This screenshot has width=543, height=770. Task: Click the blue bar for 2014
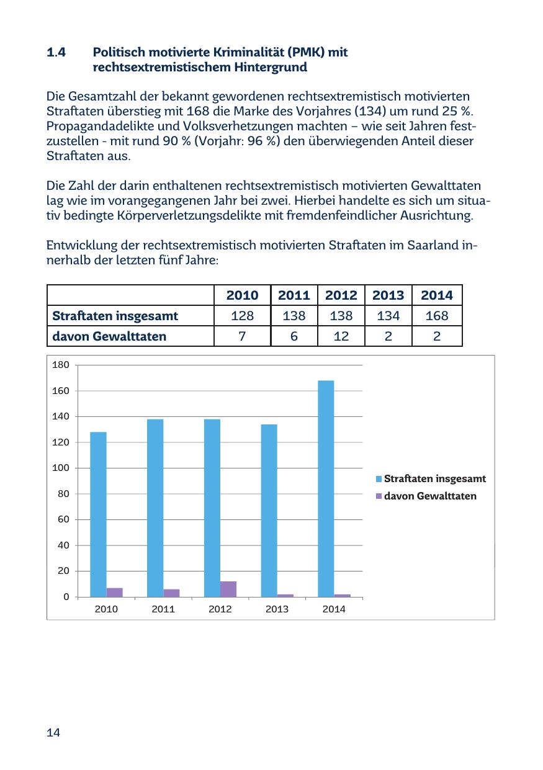(326, 488)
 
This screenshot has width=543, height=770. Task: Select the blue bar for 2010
(98, 514)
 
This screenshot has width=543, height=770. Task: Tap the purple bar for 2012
(228, 589)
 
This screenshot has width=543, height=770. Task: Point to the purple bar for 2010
(114, 592)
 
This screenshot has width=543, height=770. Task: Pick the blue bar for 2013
(269, 511)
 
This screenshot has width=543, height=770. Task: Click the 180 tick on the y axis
(60, 365)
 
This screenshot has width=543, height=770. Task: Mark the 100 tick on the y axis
(60, 468)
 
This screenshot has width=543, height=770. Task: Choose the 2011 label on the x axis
(163, 609)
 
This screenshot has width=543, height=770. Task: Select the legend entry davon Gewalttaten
(430, 496)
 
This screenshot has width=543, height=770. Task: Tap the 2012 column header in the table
(341, 295)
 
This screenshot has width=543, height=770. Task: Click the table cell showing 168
(437, 316)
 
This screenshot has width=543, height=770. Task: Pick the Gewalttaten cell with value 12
(341, 336)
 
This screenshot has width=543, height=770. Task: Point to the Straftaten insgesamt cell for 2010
(242, 316)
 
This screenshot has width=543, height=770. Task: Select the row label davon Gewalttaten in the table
(109, 336)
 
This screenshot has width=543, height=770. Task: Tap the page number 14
(53, 733)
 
